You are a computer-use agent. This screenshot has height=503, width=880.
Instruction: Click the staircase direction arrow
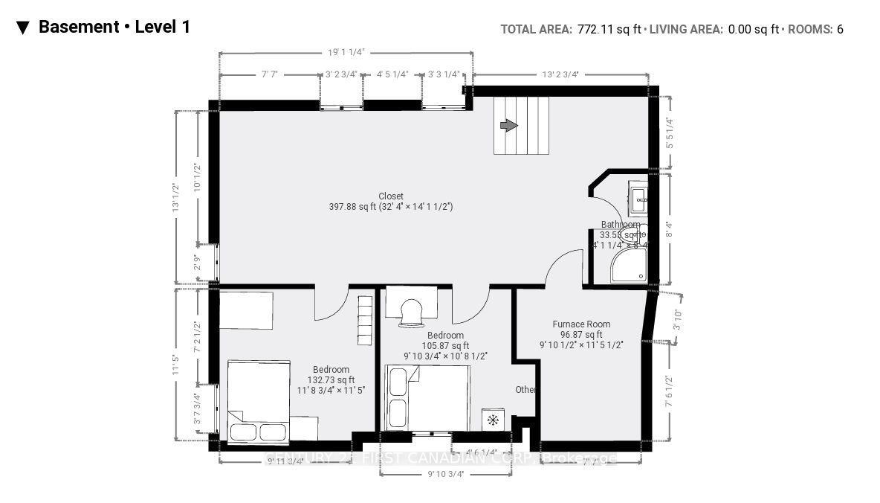pos(508,126)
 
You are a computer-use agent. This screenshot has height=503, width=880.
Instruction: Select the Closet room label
pos(390,196)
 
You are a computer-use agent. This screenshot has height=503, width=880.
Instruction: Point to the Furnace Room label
pos(581,324)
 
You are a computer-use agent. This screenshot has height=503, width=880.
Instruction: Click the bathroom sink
pos(638,196)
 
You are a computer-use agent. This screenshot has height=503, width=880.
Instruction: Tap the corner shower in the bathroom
pos(629,266)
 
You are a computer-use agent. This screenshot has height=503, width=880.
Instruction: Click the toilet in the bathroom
pos(632,233)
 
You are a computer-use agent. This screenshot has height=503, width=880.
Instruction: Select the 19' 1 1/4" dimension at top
pos(346,53)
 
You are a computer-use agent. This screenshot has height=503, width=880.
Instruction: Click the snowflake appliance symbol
pos(492,420)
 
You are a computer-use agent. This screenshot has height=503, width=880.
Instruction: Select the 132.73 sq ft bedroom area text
pos(331,379)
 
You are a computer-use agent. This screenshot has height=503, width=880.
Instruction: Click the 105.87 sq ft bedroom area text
pos(445,345)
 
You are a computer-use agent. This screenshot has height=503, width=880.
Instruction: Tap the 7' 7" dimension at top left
pos(270,74)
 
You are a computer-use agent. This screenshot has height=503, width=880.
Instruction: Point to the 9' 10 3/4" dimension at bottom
pos(445,474)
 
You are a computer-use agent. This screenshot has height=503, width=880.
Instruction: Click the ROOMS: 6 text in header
pos(816,29)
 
